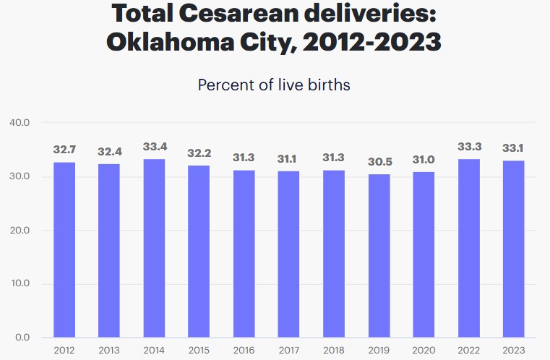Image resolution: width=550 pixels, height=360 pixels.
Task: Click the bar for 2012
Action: [64, 249]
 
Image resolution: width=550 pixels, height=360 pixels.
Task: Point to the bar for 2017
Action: [289, 254]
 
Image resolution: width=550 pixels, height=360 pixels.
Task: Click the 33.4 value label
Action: [154, 147]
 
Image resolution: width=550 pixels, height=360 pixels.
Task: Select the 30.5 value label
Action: [379, 162]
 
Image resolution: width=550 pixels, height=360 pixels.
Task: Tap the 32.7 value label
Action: [64, 150]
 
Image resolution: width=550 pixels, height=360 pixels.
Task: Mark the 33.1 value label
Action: [514, 148]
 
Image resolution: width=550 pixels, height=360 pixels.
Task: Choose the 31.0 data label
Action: [424, 159]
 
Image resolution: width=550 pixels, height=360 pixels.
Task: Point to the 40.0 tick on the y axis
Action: [20, 123]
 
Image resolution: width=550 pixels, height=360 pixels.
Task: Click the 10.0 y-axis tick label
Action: [20, 283]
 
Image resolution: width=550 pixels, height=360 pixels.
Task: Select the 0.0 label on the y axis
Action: [22, 337]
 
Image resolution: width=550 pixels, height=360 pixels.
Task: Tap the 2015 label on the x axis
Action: [199, 351]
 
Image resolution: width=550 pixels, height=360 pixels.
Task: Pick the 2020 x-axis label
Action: [424, 351]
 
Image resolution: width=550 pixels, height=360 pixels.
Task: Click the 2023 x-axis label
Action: [514, 351]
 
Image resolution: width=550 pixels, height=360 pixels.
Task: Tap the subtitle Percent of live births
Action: [274, 85]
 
